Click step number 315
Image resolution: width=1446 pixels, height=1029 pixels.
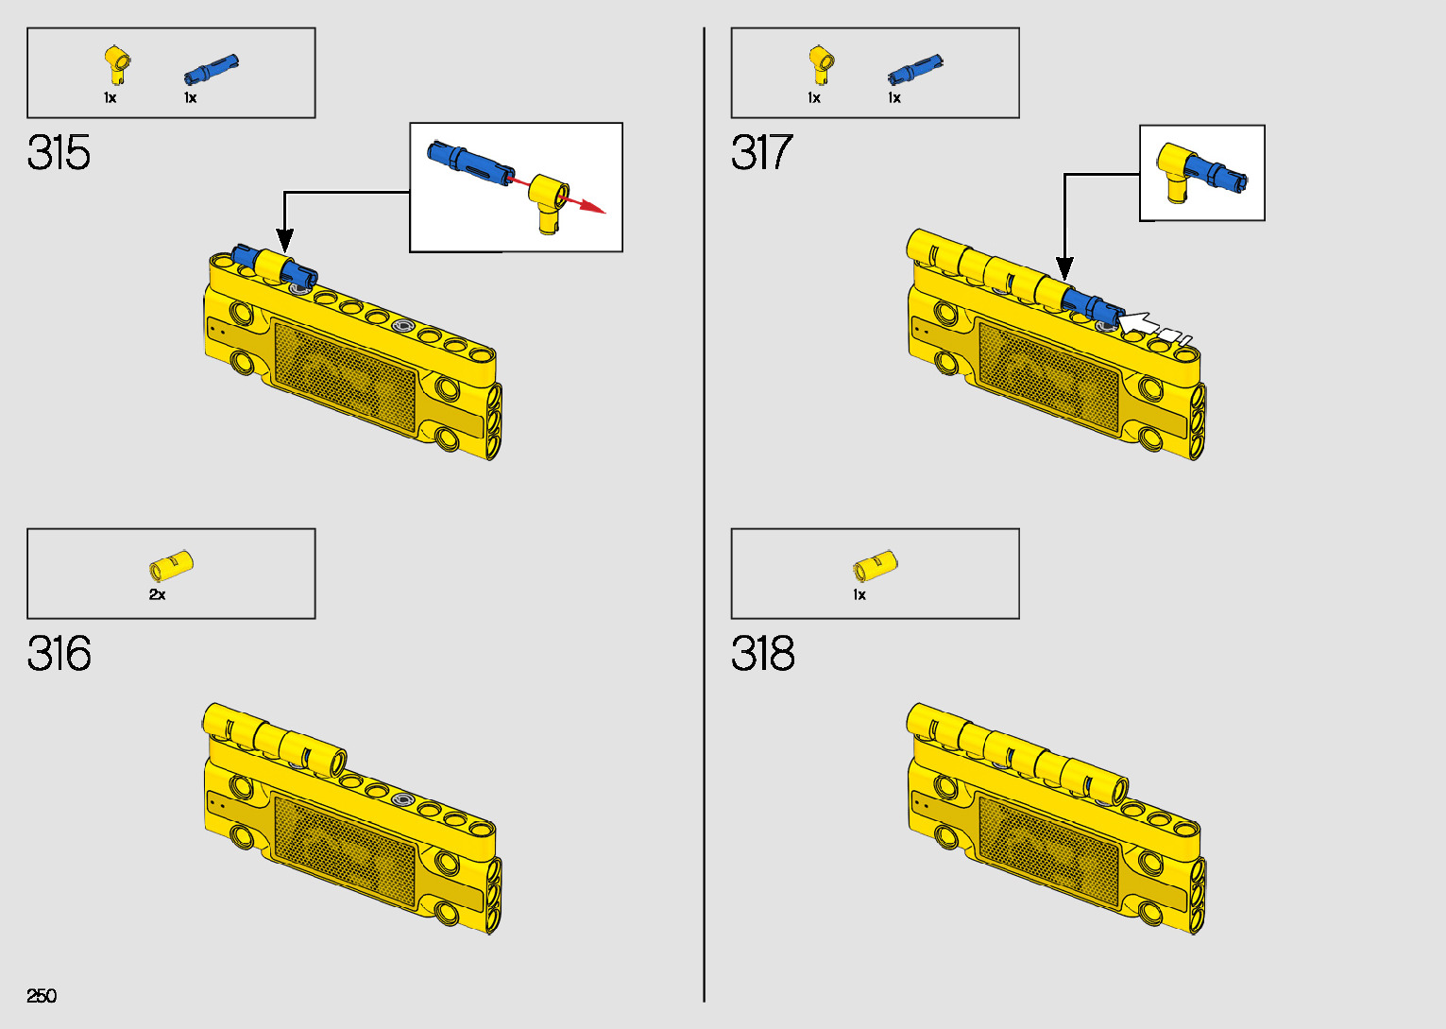pos(59,153)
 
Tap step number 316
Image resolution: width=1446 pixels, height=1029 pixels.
pos(59,654)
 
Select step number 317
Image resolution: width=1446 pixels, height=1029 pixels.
pos(761,153)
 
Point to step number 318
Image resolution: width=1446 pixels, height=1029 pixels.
pos(762,654)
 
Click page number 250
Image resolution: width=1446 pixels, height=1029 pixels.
pos(42,996)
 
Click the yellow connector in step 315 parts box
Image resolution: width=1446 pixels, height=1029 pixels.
pos(116,64)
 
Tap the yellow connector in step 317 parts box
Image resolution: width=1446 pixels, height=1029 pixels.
pos(820,64)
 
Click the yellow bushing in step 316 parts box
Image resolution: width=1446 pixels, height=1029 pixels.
pos(171,566)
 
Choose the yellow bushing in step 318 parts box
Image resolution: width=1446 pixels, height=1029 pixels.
pos(875,566)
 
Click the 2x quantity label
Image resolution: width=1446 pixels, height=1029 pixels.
pos(157,595)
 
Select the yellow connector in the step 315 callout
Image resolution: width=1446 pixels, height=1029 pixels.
pos(550,199)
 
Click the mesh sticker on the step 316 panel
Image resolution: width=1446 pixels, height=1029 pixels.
pos(345,850)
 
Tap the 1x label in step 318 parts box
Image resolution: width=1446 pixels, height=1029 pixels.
pos(859,595)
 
